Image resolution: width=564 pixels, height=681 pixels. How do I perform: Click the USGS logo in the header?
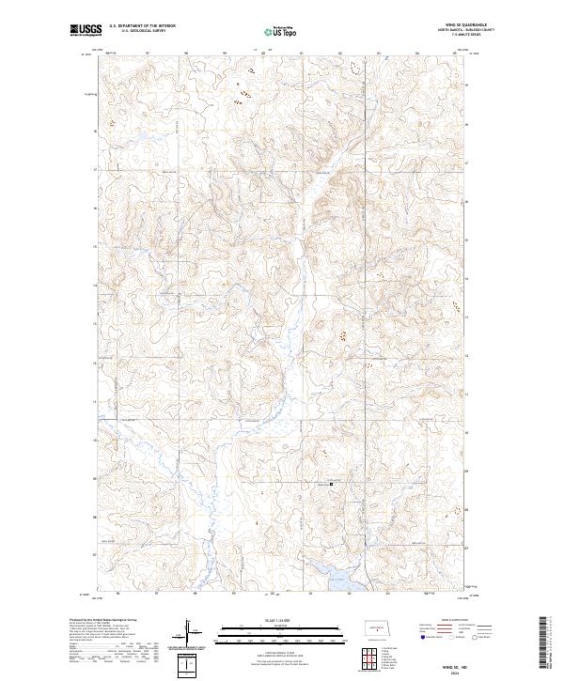coord(86,31)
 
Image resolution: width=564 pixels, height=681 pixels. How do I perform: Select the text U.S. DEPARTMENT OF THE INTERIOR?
coord(140,27)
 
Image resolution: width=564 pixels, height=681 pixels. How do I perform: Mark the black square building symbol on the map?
coord(330,485)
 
